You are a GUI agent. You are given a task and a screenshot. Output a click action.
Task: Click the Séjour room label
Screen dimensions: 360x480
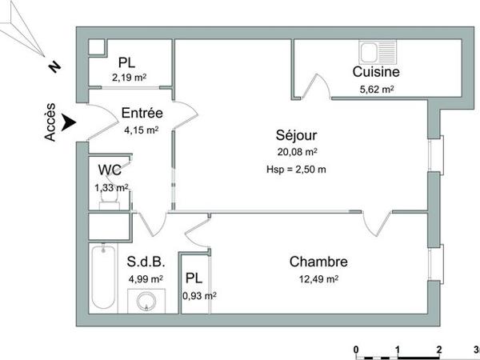click(296, 135)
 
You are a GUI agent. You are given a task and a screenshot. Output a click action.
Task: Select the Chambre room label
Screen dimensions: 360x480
click(318, 262)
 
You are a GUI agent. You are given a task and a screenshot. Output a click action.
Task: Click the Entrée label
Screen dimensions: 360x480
click(142, 114)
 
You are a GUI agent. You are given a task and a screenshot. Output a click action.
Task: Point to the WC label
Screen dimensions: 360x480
click(110, 170)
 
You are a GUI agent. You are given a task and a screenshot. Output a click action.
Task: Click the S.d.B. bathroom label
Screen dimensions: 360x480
click(146, 262)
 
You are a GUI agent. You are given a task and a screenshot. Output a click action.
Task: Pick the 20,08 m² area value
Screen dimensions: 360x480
click(296, 151)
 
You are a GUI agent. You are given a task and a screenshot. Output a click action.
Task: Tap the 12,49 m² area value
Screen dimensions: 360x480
click(318, 278)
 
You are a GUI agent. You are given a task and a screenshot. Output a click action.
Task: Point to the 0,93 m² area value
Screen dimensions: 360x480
click(199, 295)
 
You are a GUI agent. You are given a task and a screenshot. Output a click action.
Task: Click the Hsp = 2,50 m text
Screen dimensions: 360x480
click(296, 169)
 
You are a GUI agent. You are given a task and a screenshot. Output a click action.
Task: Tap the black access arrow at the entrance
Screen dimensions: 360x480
click(70, 122)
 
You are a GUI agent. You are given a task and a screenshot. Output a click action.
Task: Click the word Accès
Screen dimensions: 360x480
click(50, 124)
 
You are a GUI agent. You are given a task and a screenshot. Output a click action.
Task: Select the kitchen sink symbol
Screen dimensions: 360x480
click(374, 52)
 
